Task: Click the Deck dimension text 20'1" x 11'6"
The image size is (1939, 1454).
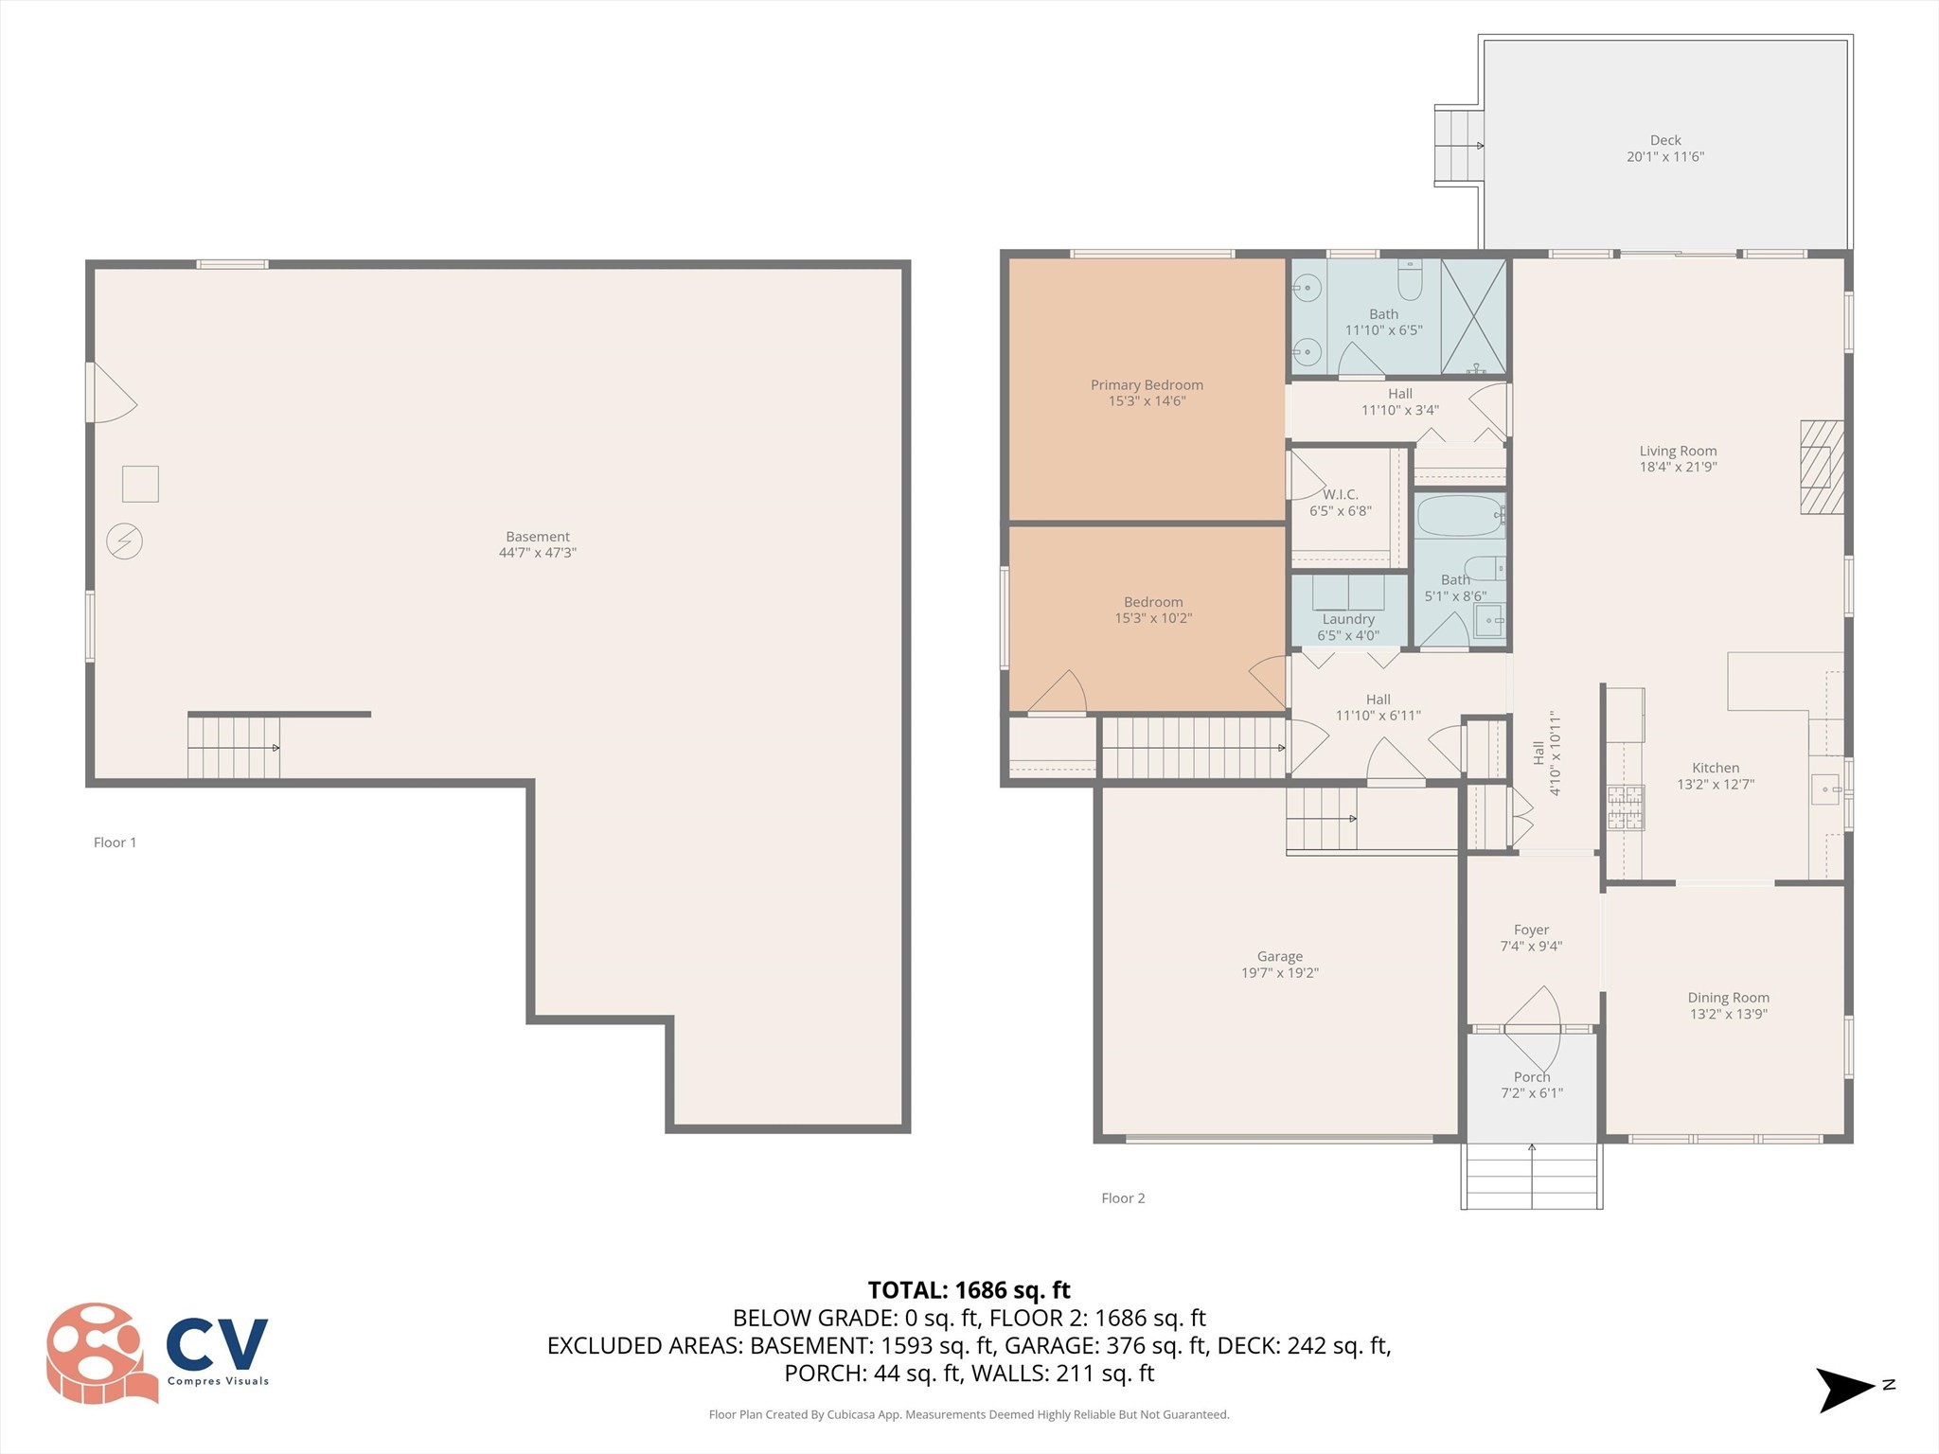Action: point(1664,157)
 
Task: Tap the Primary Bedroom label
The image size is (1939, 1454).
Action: point(1147,385)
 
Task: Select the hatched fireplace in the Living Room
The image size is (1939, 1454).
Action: point(1821,467)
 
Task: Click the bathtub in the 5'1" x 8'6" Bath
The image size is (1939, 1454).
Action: point(1459,516)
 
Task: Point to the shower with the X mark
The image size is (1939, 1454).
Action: point(1473,317)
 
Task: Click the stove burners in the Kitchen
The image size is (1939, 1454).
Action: point(1625,807)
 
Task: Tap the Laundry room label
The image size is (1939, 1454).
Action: point(1348,619)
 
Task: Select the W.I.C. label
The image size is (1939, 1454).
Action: point(1340,495)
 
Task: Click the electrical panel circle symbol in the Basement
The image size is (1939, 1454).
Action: point(124,541)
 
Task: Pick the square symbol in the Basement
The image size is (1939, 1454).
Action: point(140,484)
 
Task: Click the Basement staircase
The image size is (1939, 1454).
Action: point(233,748)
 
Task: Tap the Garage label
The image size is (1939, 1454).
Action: point(1279,957)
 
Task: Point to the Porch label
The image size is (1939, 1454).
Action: point(1531,1077)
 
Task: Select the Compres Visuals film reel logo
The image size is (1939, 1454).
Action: point(99,1353)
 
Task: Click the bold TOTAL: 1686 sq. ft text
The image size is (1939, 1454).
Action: point(969,1290)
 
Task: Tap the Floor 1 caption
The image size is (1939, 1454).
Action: point(115,842)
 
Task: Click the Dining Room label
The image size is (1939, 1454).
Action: point(1728,998)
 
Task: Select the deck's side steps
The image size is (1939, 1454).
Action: point(1456,145)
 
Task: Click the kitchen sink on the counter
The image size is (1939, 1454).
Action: point(1825,789)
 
